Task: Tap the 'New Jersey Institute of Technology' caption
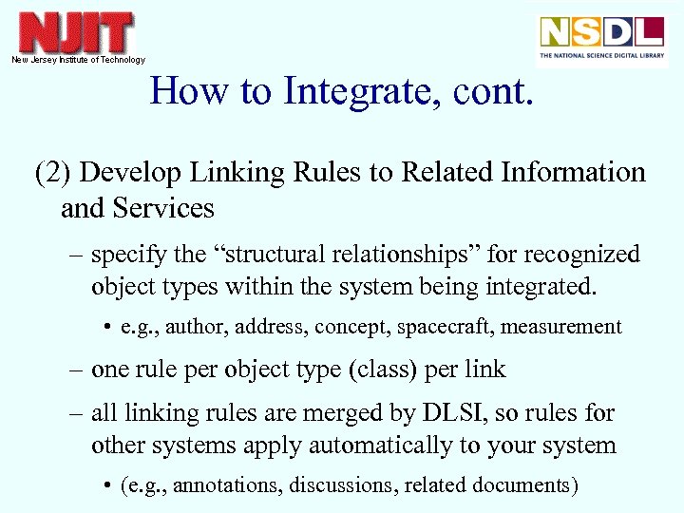click(x=78, y=60)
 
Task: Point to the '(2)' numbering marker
click(x=52, y=173)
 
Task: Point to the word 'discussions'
click(x=344, y=485)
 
